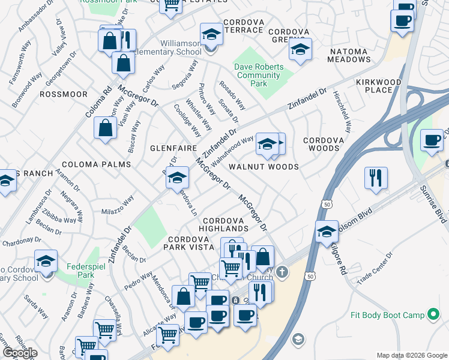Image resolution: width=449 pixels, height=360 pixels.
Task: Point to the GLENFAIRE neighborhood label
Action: coord(166,148)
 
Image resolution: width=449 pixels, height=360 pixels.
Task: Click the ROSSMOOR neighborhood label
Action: coord(63,95)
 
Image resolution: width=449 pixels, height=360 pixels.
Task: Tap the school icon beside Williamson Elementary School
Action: coord(211,35)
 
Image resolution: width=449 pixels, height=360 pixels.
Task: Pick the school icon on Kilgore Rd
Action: coord(327,231)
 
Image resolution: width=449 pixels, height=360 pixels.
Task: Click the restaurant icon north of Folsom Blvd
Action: coord(376,178)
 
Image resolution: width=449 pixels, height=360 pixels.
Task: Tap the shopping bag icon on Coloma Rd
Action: coord(106,128)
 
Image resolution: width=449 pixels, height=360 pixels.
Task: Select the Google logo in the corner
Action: coord(20,353)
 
